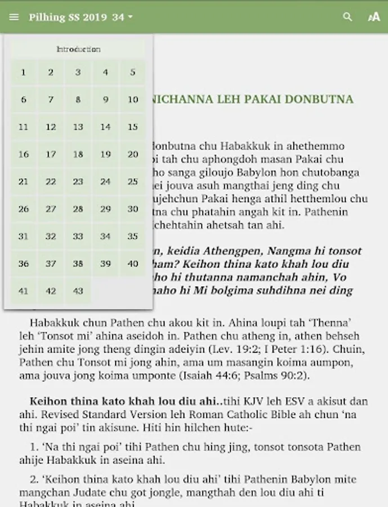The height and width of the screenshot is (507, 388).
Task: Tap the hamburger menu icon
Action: [x=14, y=17]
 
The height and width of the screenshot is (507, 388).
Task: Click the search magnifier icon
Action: [x=347, y=17]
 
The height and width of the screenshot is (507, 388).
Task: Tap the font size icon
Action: [x=373, y=17]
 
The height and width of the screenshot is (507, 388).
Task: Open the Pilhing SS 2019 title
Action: [x=68, y=17]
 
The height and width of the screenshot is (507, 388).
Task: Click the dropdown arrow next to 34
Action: [x=130, y=17]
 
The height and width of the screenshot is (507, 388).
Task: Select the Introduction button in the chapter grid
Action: [x=78, y=50]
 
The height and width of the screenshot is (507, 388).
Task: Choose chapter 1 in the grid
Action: [x=23, y=72]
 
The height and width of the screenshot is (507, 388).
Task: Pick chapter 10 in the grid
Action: [x=133, y=100]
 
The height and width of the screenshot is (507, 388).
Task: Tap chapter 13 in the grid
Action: [x=78, y=127]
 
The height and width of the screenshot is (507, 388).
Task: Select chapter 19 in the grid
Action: [x=105, y=154]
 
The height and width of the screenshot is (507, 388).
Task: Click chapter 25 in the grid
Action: [x=133, y=181]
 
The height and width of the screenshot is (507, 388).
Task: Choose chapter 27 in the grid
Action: [x=51, y=209]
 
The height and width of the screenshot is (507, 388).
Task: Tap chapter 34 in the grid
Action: [x=105, y=236]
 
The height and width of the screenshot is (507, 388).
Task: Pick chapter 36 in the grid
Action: [x=23, y=264]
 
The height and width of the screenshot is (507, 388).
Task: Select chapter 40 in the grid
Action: [x=133, y=264]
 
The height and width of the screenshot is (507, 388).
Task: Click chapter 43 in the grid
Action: [x=78, y=291]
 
